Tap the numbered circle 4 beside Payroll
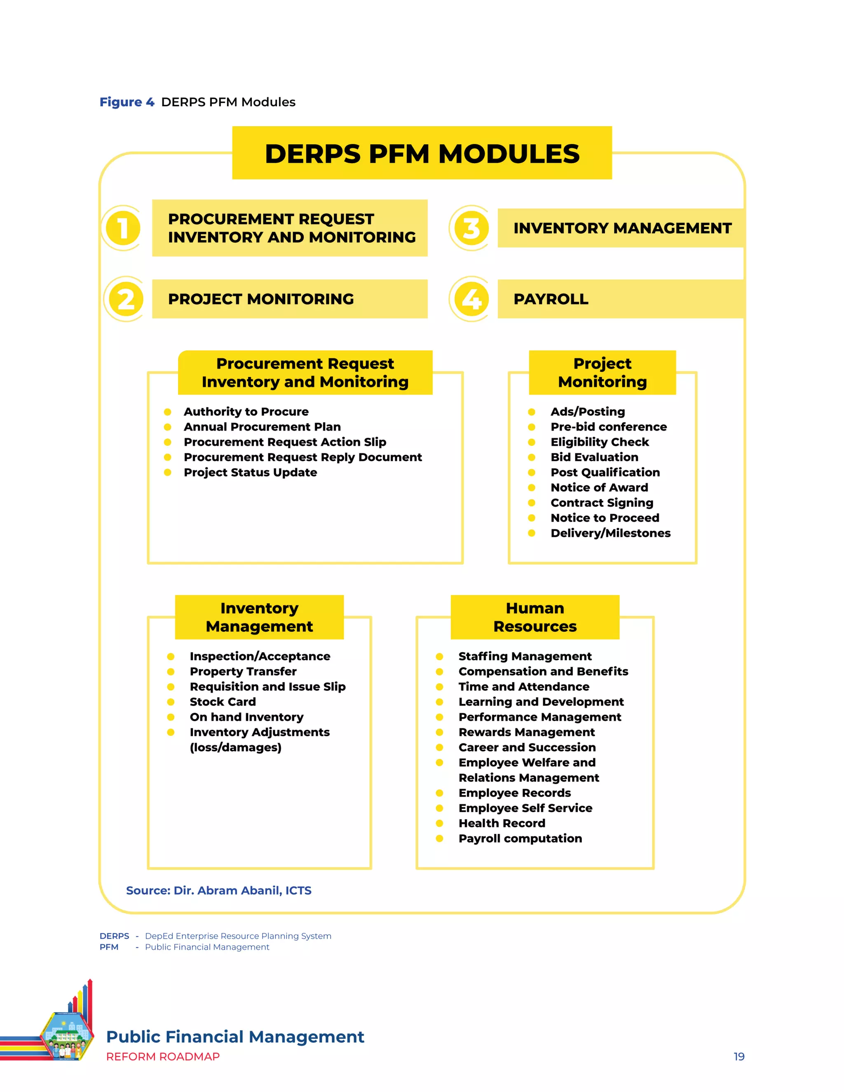point(471,299)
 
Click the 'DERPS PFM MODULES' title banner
point(422,153)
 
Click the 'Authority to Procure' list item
point(246,412)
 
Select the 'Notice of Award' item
point(599,487)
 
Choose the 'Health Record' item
point(502,823)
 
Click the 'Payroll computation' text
point(520,839)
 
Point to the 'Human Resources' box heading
point(535,617)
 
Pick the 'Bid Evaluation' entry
point(594,457)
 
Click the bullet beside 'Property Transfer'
point(171,672)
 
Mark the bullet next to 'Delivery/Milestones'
point(532,533)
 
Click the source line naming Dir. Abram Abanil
point(218,890)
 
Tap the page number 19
point(738,1057)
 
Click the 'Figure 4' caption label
point(127,102)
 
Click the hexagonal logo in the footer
point(66,1036)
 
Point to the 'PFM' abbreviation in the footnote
point(109,947)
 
